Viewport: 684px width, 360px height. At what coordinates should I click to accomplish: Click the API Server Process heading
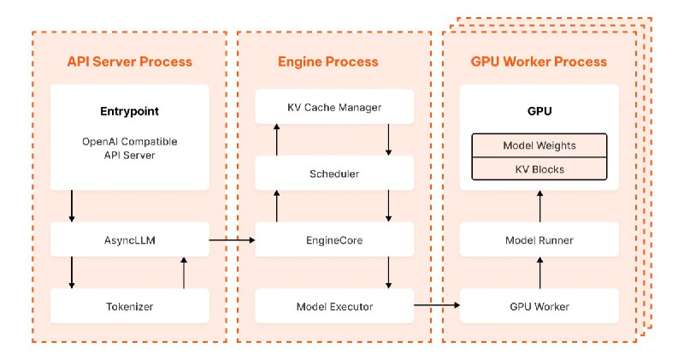click(130, 62)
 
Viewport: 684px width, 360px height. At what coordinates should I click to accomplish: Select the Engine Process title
click(328, 62)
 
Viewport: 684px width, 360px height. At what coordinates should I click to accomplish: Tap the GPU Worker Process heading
click(539, 62)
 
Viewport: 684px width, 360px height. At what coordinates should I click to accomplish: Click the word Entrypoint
click(130, 111)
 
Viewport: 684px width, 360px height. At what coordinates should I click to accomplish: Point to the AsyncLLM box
click(130, 239)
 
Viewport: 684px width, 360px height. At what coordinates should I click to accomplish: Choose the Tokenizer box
click(130, 306)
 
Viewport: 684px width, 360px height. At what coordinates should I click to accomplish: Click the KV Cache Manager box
click(334, 107)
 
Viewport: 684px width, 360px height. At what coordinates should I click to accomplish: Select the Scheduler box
click(334, 174)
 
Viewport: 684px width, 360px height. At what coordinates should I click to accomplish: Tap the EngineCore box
click(334, 239)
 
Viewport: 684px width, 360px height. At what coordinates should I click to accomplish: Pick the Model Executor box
click(334, 306)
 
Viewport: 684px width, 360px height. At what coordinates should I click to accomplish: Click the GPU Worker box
click(540, 306)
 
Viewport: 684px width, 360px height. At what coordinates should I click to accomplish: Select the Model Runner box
click(540, 239)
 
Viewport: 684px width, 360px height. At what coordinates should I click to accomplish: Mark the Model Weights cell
click(540, 145)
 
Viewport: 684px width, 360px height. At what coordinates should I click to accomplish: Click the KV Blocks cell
click(540, 168)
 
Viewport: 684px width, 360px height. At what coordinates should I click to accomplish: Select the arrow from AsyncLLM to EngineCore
click(232, 239)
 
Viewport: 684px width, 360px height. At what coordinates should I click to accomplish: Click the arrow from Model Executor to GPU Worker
click(437, 305)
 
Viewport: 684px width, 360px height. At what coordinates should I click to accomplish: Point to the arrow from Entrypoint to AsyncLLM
click(72, 206)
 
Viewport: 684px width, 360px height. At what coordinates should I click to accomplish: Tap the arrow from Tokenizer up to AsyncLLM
click(184, 273)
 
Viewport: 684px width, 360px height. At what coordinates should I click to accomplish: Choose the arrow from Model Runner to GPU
click(540, 206)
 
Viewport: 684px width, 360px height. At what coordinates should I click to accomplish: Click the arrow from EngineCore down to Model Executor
click(388, 273)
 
